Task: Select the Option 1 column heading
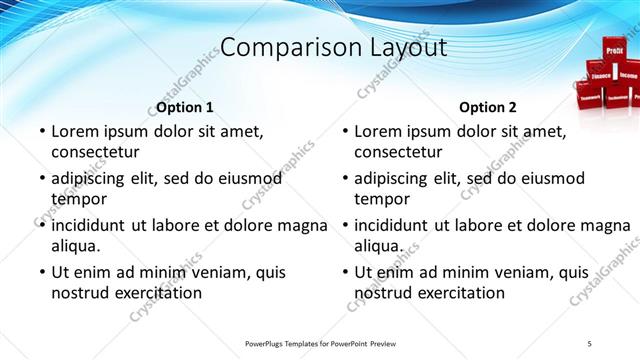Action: (x=186, y=107)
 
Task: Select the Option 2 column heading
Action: (x=488, y=107)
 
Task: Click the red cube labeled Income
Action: (x=628, y=75)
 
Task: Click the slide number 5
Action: (x=590, y=344)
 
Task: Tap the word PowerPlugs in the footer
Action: (x=268, y=344)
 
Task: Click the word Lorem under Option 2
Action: (x=378, y=131)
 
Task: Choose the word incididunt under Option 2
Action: (x=399, y=225)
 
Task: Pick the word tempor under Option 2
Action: (x=380, y=199)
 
